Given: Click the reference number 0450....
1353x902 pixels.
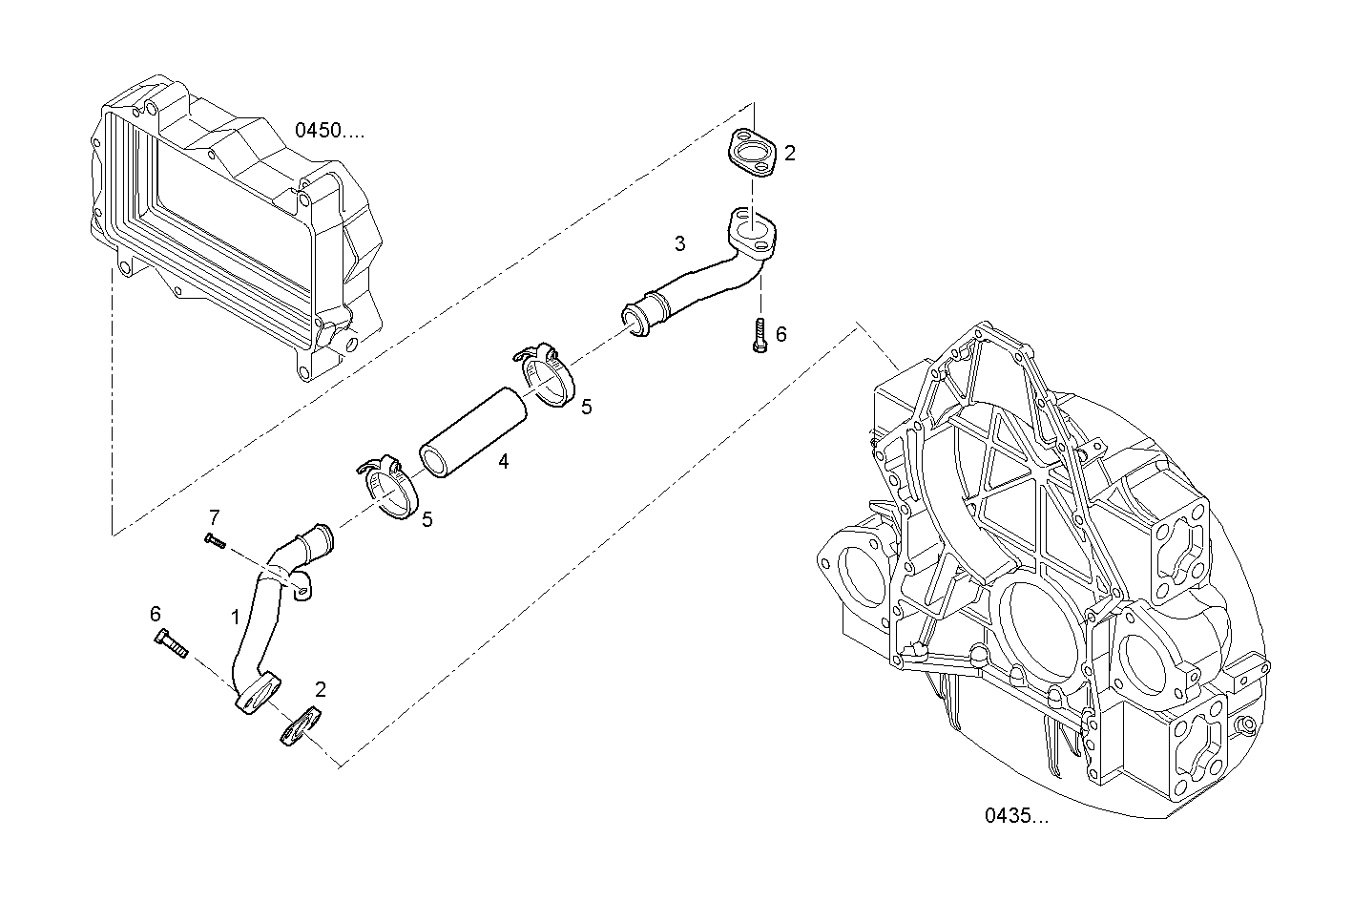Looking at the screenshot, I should click(329, 131).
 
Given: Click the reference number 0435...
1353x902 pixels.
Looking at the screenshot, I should click(1016, 816).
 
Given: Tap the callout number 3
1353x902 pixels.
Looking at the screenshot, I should click(679, 244).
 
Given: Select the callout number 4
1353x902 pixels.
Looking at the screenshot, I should click(503, 462).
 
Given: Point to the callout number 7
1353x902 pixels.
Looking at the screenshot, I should click(214, 517).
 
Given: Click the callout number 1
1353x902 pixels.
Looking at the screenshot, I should click(235, 617).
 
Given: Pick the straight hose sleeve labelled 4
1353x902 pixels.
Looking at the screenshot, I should click(474, 431).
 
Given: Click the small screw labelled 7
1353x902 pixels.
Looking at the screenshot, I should click(215, 541).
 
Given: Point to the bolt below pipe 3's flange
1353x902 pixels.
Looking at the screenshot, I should click(760, 337).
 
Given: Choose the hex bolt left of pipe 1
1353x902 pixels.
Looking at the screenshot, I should click(169, 645).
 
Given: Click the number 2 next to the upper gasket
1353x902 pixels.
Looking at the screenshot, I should click(790, 153).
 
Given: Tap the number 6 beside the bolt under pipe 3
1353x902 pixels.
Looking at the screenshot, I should click(781, 334).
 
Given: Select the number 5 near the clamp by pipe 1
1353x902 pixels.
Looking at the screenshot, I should click(427, 519).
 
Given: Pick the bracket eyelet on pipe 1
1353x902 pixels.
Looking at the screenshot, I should click(302, 594).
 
